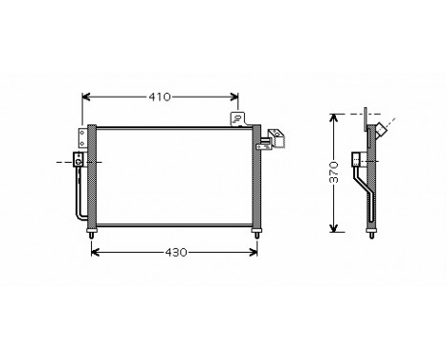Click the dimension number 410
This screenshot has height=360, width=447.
161,97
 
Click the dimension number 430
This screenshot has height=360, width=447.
173,253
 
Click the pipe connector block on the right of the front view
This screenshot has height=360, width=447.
279,139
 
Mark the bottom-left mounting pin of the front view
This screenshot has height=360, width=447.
92,234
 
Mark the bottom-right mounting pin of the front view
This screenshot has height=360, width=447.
256,233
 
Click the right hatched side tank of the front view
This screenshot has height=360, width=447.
256,177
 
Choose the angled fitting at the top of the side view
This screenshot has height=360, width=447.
380,129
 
